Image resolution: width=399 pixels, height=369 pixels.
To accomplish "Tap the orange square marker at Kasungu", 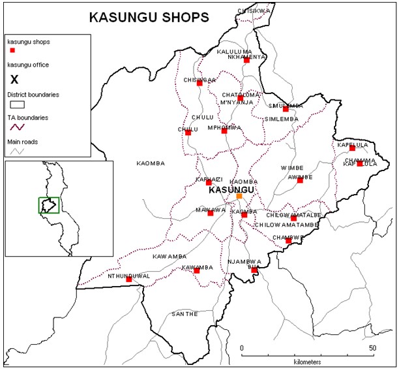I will [x=239, y=196].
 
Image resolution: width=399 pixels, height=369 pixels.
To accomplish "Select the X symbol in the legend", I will [x=14, y=80].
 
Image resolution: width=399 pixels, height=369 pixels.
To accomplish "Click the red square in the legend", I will [x=12, y=50].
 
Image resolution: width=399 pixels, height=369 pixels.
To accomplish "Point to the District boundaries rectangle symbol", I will [x=16, y=103].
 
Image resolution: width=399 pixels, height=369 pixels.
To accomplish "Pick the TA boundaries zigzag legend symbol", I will [x=16, y=127].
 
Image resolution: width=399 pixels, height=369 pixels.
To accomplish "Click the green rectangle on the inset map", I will [x=49, y=204].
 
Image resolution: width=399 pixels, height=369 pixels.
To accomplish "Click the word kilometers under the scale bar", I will [x=306, y=361].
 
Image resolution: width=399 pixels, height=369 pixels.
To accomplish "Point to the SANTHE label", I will [x=184, y=314].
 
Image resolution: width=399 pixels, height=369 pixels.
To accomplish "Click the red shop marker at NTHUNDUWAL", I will [x=128, y=280].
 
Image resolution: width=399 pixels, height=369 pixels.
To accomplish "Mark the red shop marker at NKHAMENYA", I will [x=246, y=61].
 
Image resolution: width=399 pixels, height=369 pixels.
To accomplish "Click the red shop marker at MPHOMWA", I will [x=224, y=131].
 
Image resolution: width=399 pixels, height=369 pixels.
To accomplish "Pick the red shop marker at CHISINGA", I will [x=199, y=83].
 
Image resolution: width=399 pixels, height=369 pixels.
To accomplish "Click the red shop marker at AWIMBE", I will [x=300, y=180].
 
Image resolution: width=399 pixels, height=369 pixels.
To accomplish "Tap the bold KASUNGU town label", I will [x=231, y=189].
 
